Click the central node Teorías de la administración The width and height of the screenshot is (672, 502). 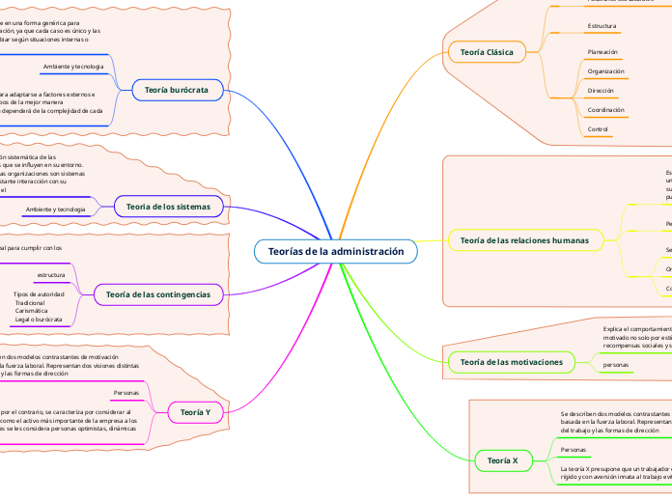[x=335, y=252]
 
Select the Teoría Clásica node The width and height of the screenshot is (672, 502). [x=487, y=51]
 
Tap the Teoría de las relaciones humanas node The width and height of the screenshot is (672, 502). [x=524, y=238]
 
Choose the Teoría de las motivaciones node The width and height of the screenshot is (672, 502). [x=512, y=362]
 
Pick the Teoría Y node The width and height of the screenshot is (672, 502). [x=196, y=413]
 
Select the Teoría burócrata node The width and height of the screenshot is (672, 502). [x=177, y=90]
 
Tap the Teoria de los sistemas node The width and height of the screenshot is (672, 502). [x=169, y=207]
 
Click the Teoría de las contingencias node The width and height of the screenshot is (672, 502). [x=158, y=293]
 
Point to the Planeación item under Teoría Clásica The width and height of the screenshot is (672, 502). [x=602, y=51]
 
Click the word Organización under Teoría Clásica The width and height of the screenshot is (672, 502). [x=605, y=71]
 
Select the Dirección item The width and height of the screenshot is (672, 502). [x=601, y=91]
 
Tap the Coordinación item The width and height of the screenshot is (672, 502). [x=605, y=110]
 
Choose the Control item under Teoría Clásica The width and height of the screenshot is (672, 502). [x=598, y=129]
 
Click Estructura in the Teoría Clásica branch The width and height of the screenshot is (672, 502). [x=602, y=25]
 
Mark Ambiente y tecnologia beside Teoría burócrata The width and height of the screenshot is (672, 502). [x=73, y=67]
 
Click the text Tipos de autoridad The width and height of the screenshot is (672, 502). [x=39, y=293]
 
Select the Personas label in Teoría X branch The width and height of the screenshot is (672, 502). [x=574, y=450]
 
